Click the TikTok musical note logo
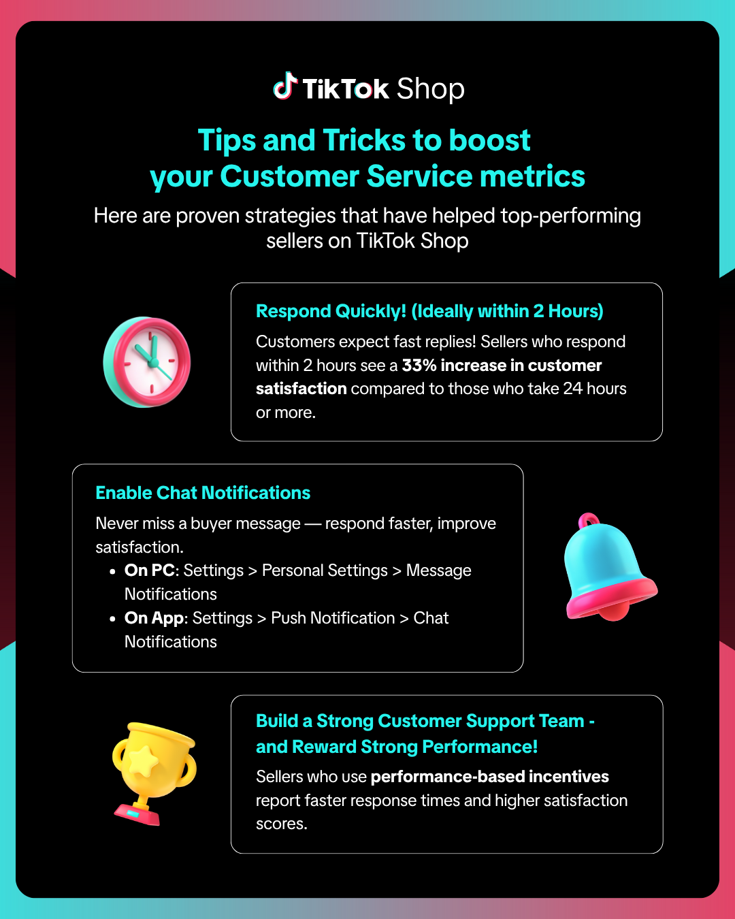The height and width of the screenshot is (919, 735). [x=286, y=86]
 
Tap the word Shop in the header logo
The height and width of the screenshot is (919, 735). [x=430, y=89]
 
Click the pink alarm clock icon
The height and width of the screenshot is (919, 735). [x=147, y=361]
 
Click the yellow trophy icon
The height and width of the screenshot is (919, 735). [x=152, y=773]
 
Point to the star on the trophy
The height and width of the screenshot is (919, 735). [x=144, y=760]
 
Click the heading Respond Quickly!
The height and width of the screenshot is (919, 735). [x=331, y=311]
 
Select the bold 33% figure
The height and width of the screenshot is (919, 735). [x=419, y=366]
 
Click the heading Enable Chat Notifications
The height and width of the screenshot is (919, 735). [x=203, y=493]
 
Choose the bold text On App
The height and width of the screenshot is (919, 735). [x=154, y=618]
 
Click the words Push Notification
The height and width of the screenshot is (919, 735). [x=333, y=618]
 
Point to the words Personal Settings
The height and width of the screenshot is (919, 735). [x=325, y=570]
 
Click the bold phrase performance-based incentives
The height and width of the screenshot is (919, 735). [x=489, y=777]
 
